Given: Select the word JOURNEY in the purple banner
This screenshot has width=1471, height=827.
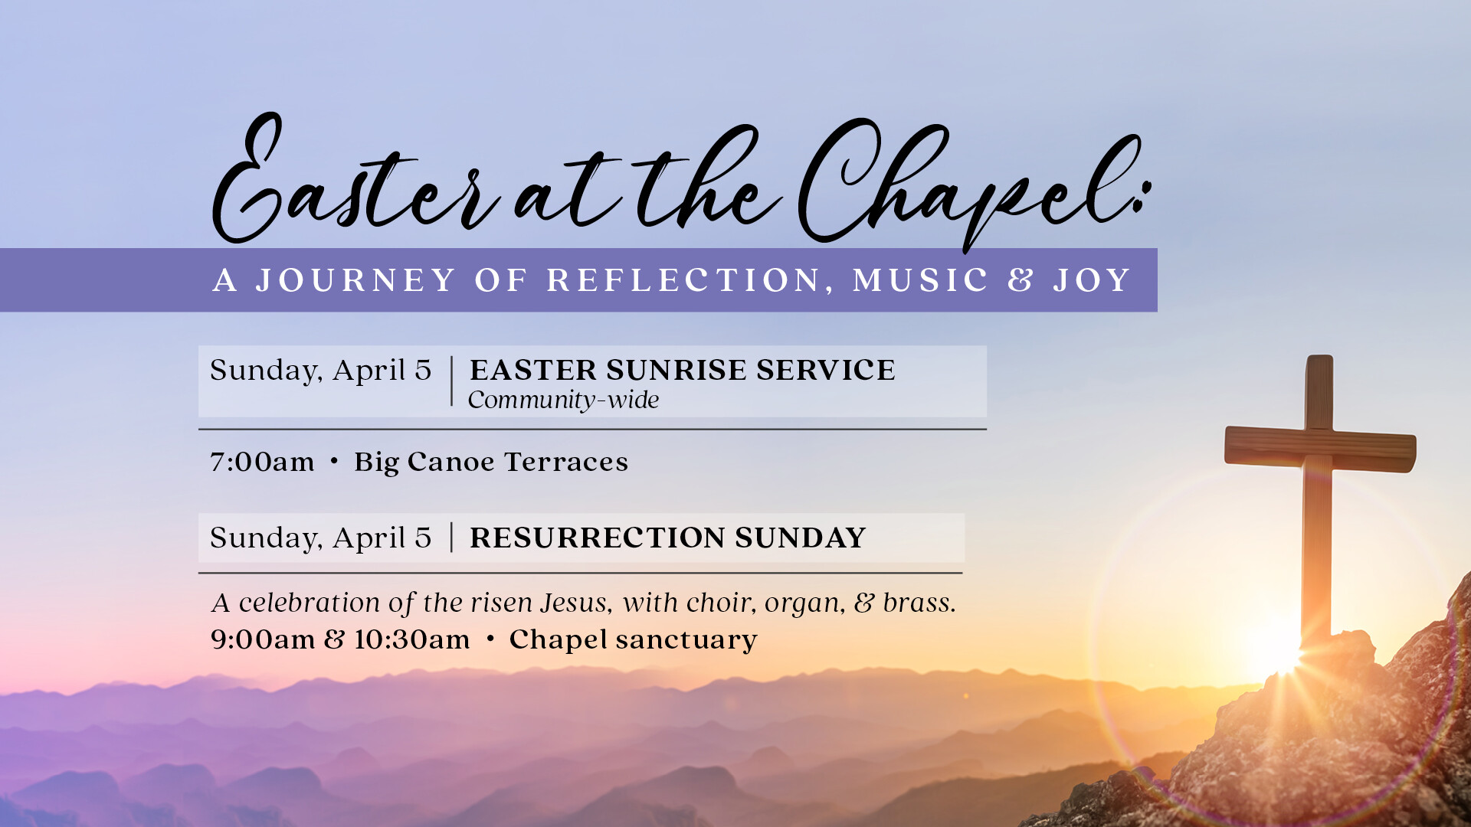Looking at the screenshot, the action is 356,280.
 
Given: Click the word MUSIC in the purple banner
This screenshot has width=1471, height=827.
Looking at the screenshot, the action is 920,280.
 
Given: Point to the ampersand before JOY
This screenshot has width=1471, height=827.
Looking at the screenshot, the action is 1021,280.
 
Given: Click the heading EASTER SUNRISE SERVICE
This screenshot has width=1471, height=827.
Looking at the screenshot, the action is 683,370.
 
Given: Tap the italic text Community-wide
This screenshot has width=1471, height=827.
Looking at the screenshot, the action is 563,400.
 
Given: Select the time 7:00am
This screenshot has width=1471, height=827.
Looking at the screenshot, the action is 262,462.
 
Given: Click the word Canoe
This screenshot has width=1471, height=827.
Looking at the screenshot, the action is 451,462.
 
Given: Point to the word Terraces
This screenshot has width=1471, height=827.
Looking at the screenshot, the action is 566,462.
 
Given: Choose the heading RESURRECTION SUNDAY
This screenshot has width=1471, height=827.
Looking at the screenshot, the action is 667,538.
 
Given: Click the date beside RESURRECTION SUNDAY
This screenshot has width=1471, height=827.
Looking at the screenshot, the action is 321,538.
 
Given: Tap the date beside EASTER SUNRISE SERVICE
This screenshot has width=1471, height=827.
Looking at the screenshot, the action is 321,371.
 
